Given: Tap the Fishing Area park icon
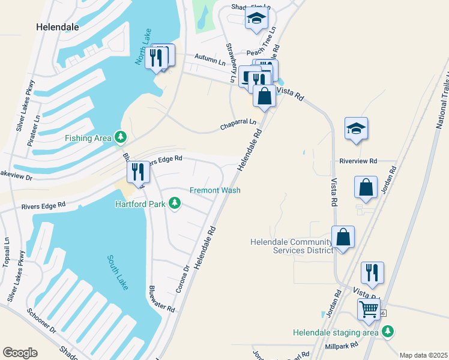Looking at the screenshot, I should pos(121,138).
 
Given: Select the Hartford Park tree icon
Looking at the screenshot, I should pos(175,203).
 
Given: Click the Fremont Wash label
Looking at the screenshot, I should pos(215,190).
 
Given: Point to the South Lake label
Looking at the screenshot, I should pos(118,272).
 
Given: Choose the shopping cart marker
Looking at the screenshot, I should pos(369,310).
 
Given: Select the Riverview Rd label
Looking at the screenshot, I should pos(358,161).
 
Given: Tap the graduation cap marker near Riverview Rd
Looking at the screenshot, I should pos(356,128).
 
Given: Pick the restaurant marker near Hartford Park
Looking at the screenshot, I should pos(139,172).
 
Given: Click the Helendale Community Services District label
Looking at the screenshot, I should pos(291,246).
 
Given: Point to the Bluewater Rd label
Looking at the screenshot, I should pos(162,299).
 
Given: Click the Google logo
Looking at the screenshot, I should pos(20,353).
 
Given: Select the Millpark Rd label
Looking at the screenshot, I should pos(341,346).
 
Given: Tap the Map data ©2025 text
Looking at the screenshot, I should pos(423,355).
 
